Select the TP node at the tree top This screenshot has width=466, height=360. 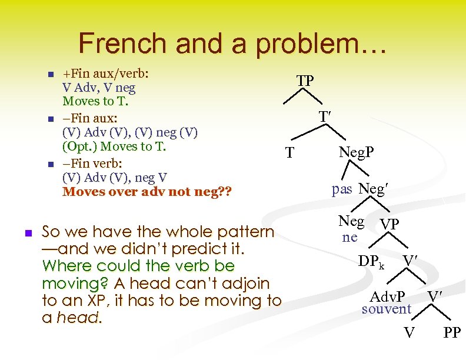coord(304,81)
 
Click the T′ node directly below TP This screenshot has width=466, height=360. coord(324,117)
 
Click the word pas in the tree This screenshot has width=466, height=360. coord(342,189)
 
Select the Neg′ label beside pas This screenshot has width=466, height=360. coord(374,189)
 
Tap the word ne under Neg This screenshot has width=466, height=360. coord(349,236)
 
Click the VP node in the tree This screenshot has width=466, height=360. coord(389,225)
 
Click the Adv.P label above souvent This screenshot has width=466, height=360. coord(387,296)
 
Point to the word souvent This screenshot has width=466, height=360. coord(386,308)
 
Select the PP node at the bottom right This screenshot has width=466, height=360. coord(451,334)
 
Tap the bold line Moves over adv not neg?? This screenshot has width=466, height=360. coord(147,192)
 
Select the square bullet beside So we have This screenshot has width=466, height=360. coord(27,232)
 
